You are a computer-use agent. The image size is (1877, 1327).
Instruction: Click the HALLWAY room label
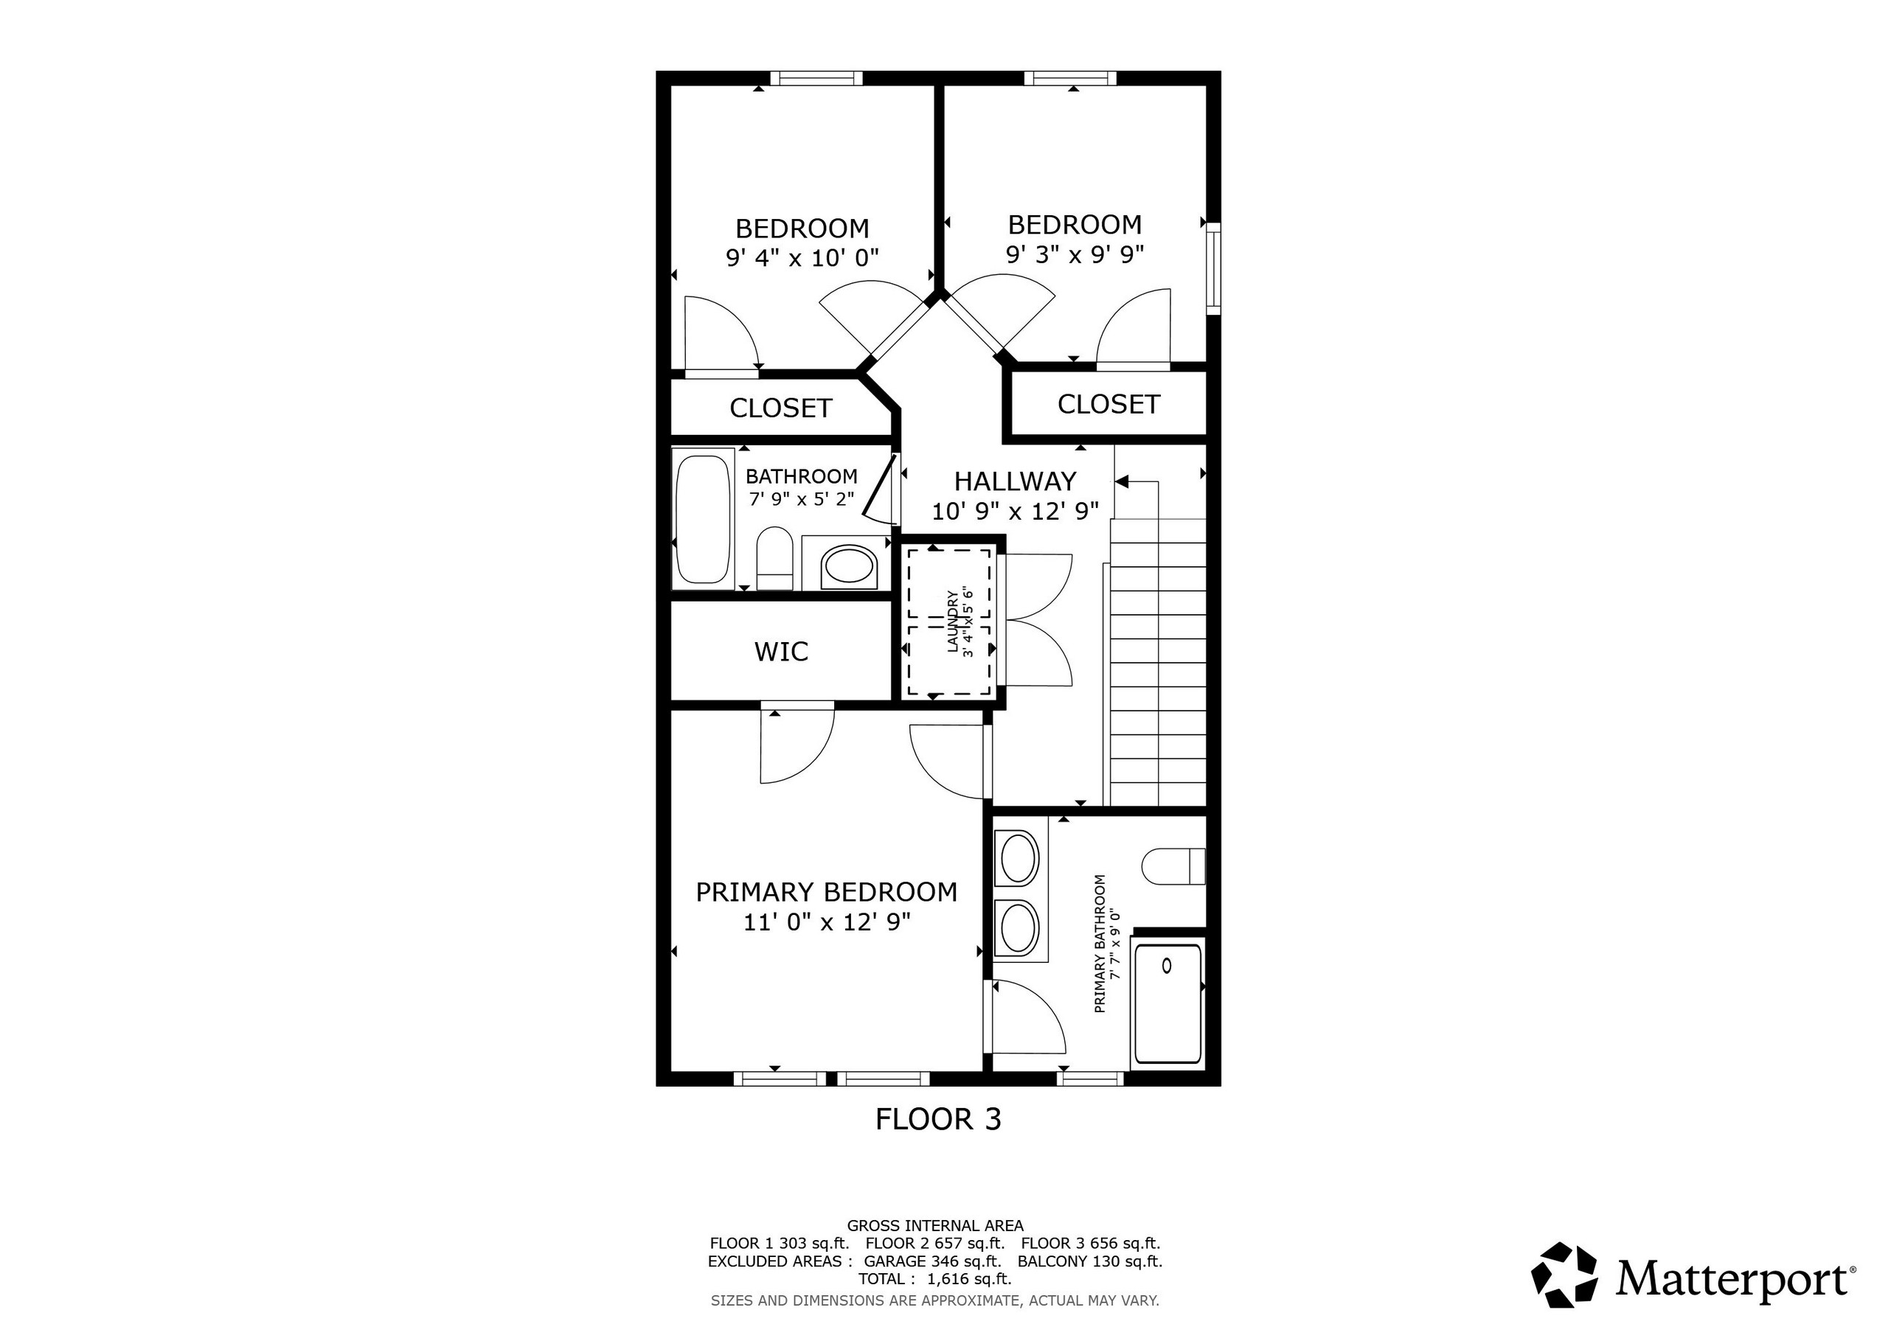pyautogui.click(x=1015, y=481)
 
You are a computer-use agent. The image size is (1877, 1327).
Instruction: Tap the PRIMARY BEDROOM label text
pyautogui.click(x=827, y=891)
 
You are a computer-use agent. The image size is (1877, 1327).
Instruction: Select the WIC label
pyautogui.click(x=782, y=651)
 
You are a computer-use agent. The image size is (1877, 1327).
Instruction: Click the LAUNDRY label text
pyautogui.click(x=951, y=621)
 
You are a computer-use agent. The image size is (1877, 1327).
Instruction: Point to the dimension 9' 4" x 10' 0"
pyautogui.click(x=802, y=258)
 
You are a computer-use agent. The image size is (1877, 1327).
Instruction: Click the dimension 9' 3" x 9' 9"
pyautogui.click(x=1075, y=254)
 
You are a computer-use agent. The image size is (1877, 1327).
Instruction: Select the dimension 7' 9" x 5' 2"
pyautogui.click(x=801, y=498)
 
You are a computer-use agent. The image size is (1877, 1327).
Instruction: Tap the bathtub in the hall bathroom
pyautogui.click(x=701, y=521)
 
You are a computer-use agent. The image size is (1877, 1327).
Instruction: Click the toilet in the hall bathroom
pyautogui.click(x=775, y=559)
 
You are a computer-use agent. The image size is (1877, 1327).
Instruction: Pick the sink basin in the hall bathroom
pyautogui.click(x=849, y=565)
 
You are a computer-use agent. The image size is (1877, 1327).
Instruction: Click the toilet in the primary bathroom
pyautogui.click(x=1173, y=866)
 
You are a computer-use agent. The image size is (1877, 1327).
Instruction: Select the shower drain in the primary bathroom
pyautogui.click(x=1167, y=966)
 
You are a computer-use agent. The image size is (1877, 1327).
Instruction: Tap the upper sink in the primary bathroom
pyautogui.click(x=1019, y=857)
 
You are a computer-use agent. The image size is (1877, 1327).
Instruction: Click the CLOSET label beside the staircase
pyautogui.click(x=1108, y=404)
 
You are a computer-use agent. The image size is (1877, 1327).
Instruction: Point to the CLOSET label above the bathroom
pyautogui.click(x=781, y=408)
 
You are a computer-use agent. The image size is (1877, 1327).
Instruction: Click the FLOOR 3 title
pyautogui.click(x=937, y=1118)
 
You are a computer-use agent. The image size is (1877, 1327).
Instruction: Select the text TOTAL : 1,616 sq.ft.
pyautogui.click(x=935, y=1279)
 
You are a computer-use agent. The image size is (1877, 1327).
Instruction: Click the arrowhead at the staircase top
pyautogui.click(x=1122, y=482)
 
